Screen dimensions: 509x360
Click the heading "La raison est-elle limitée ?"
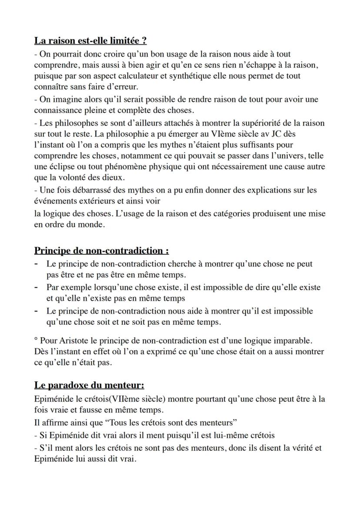(x=90, y=41)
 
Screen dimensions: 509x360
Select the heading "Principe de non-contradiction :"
(x=101, y=251)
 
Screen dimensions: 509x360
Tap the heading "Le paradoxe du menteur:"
(x=89, y=386)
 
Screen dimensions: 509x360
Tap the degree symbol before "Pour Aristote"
(x=36, y=339)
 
